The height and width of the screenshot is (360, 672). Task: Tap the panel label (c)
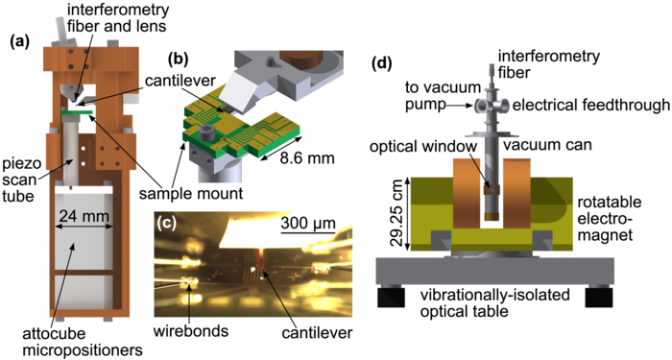pos(167,228)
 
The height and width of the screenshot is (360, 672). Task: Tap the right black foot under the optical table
pos(599,299)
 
